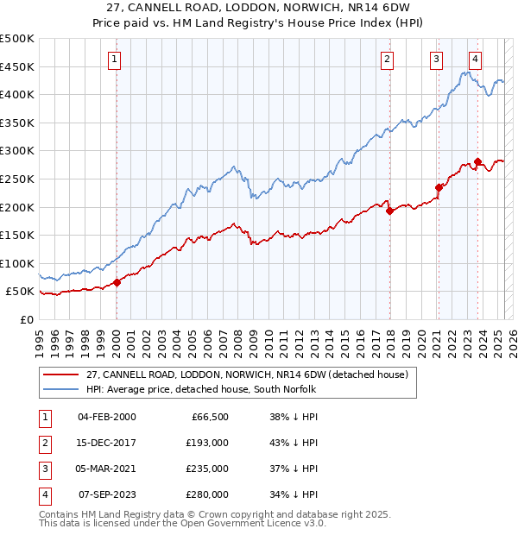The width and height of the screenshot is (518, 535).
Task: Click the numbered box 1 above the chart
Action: (115, 60)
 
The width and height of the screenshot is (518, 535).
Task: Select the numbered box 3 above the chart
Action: (437, 60)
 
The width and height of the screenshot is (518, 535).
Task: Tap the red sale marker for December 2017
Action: (389, 210)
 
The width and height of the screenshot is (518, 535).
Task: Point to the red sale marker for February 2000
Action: (117, 282)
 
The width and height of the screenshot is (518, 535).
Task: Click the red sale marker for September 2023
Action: (477, 161)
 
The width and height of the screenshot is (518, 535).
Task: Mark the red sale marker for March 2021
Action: (439, 186)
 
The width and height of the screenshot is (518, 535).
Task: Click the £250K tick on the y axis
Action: (17, 179)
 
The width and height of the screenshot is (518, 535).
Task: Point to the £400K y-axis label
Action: (17, 94)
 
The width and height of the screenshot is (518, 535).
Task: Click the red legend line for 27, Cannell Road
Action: (60, 374)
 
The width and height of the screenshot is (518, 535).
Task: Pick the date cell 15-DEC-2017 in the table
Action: (107, 442)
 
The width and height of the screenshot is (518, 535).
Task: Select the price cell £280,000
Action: (208, 494)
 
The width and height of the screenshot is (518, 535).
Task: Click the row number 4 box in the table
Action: (43, 494)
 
